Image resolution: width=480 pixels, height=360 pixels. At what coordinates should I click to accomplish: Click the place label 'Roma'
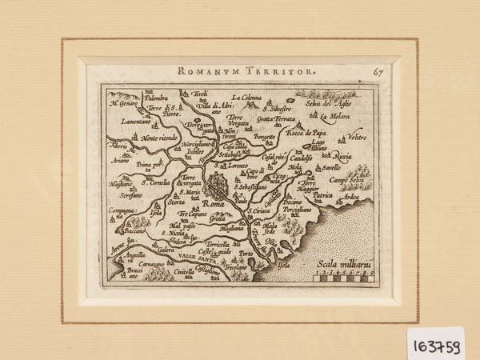214,204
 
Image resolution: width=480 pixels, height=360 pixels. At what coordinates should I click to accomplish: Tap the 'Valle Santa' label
192,254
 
